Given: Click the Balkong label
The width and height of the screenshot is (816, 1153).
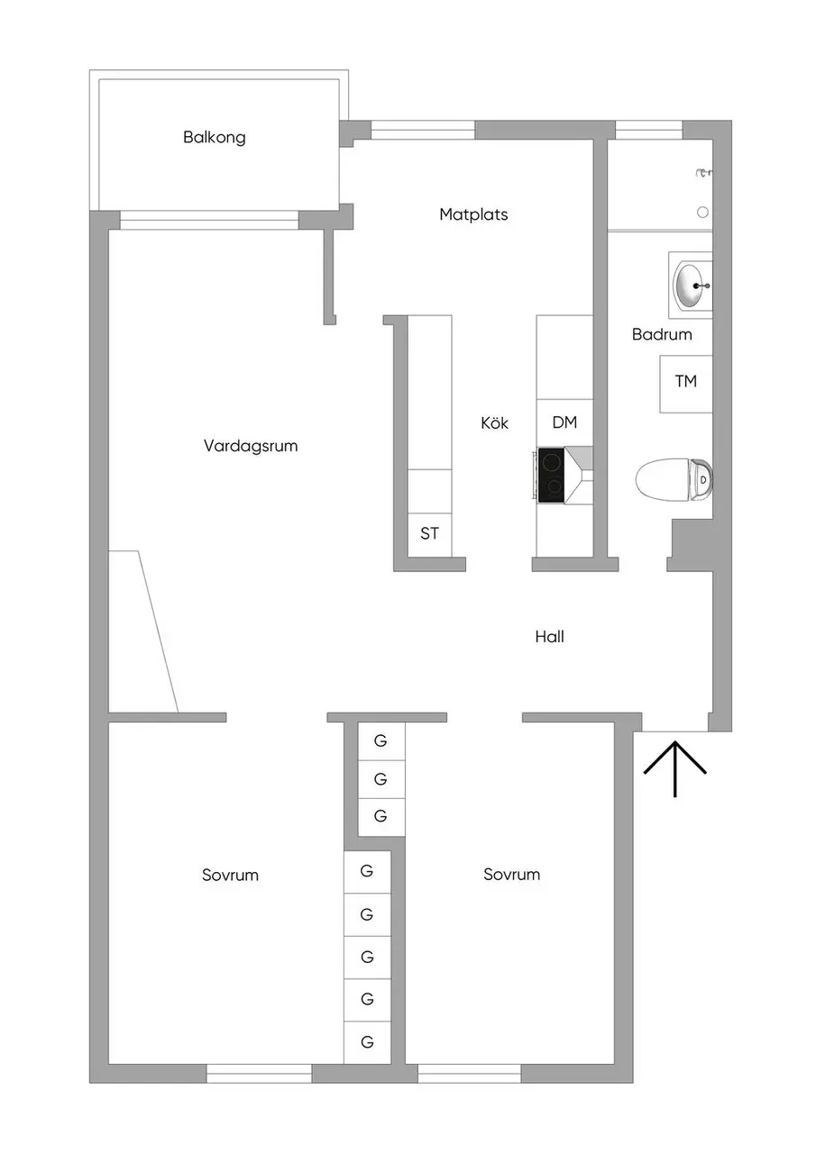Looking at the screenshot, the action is coord(215,138).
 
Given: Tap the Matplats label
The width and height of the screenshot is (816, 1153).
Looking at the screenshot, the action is coord(473,214).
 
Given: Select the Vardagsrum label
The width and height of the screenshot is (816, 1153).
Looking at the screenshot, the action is coord(251,446).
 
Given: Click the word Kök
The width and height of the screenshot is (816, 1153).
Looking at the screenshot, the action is coord(494,422).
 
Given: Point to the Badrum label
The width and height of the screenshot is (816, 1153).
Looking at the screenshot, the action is coord(662,334).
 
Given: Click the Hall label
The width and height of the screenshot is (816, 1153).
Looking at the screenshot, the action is coord(549,637).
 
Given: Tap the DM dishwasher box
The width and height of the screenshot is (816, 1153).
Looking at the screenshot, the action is coord(564,422).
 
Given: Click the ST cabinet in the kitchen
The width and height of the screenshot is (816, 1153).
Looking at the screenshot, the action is coord(429,534).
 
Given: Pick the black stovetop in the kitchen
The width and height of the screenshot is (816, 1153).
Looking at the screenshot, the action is coord(551,475).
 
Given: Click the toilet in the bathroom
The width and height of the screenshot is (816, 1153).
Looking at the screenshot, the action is coord(674,479).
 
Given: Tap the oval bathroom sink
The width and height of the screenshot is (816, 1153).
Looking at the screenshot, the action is coord(692,286).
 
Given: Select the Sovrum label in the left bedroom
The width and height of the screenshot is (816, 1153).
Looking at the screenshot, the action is coord(230,875).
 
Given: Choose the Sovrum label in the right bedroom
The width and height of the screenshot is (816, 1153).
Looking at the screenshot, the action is coord(511,874).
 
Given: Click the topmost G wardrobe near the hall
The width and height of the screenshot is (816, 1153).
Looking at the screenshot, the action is coord(381,741).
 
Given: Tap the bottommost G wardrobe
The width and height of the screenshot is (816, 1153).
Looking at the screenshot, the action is coord(367,1042).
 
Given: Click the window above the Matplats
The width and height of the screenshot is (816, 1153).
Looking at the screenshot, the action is coord(422,131).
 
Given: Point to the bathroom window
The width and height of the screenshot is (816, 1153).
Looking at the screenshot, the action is coord(648,131).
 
